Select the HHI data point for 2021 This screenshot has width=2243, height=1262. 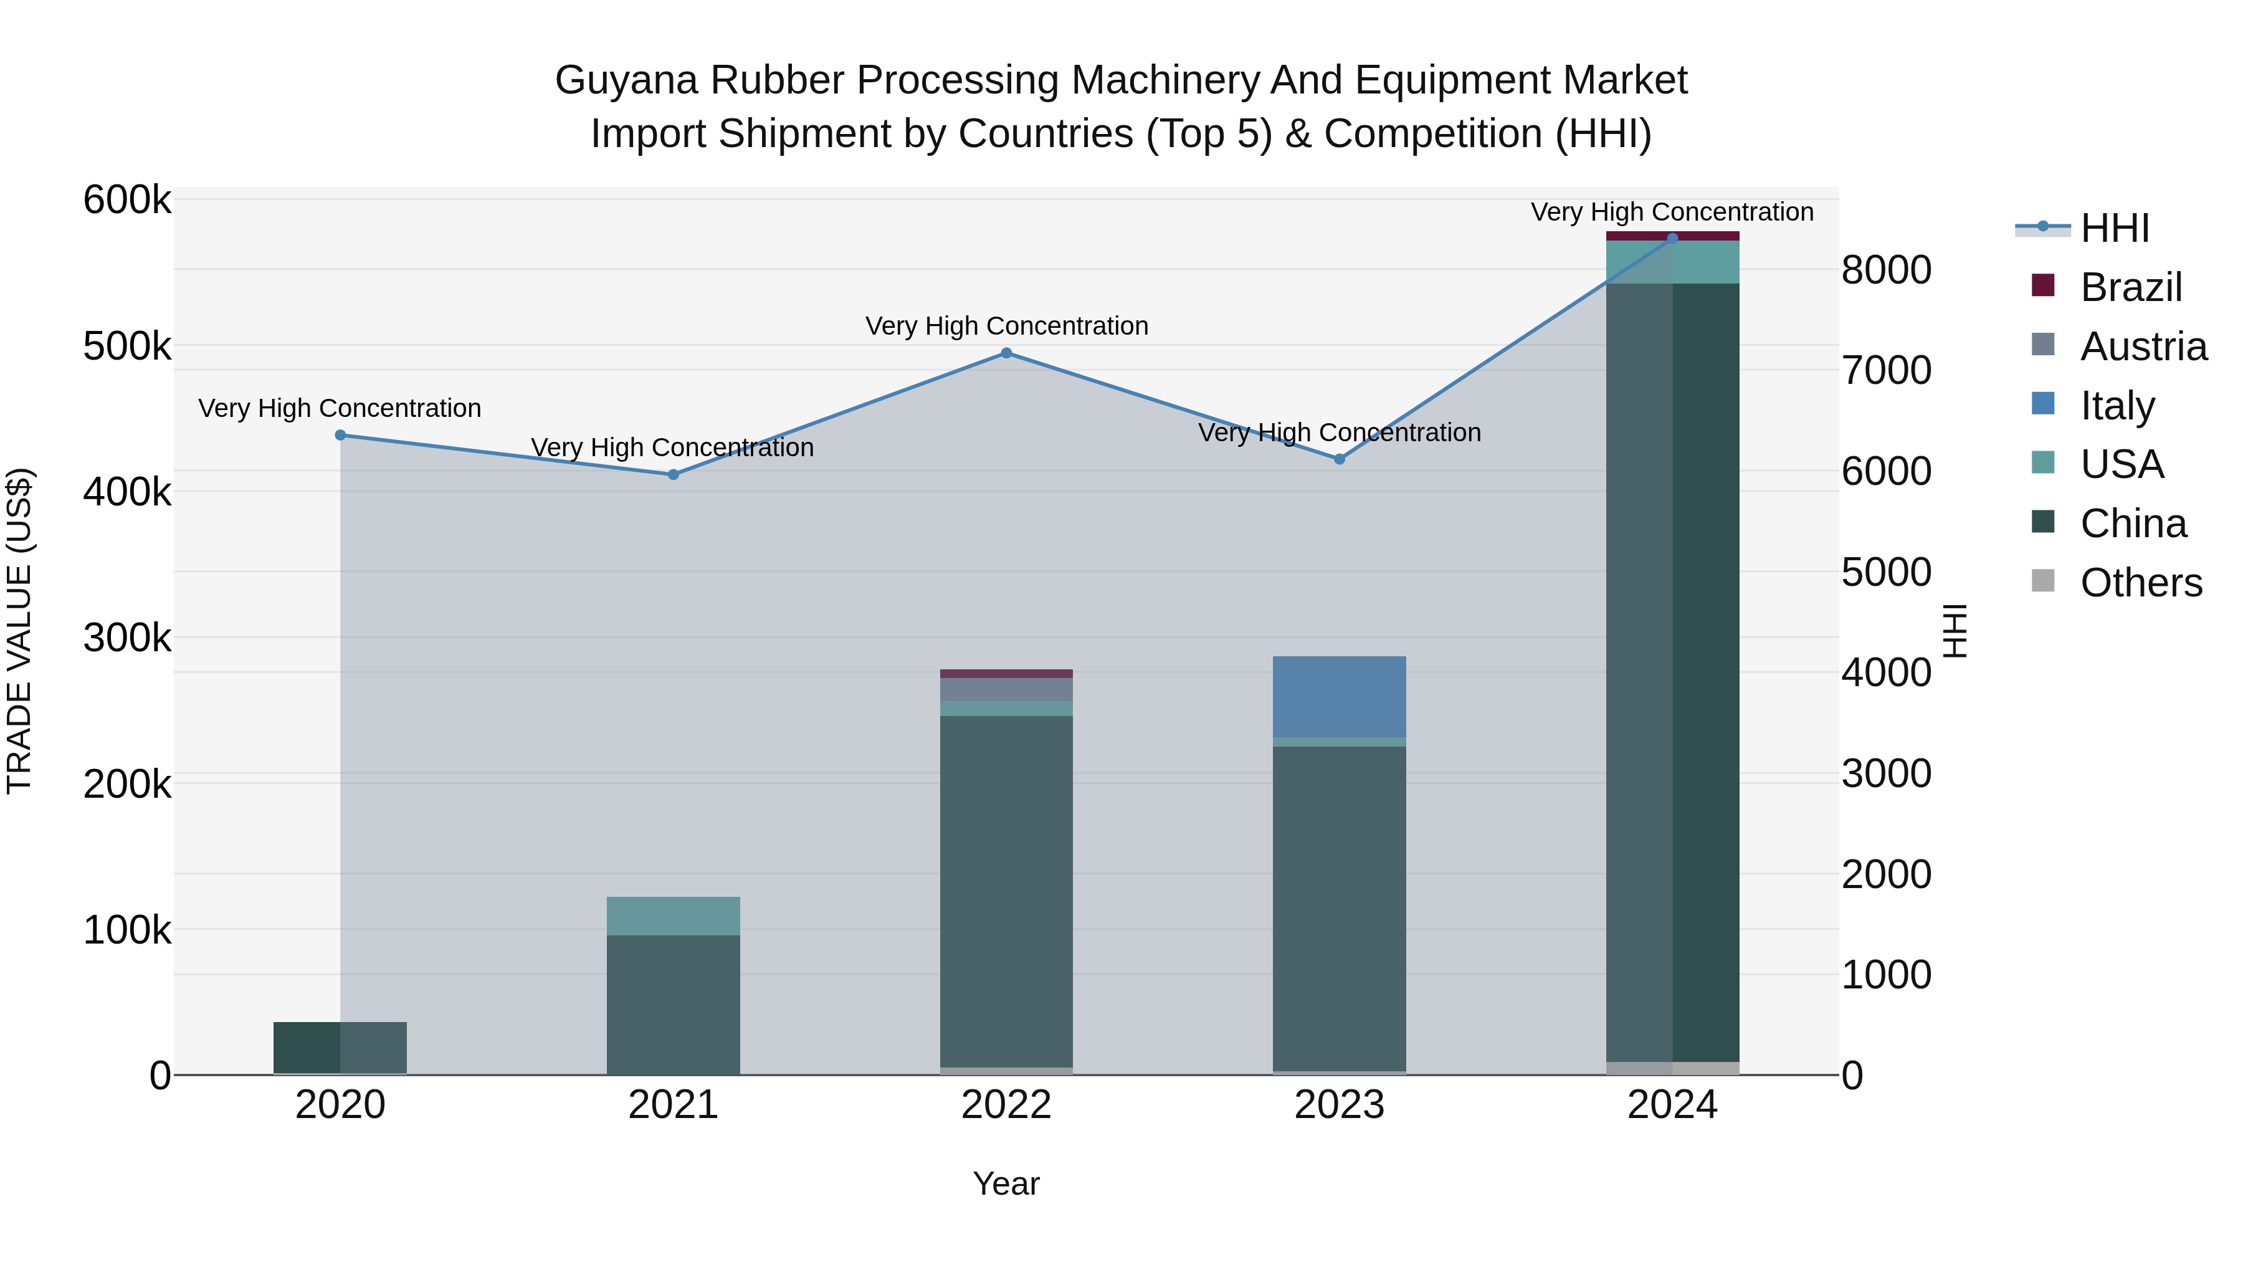(673, 475)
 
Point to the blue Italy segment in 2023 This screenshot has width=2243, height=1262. (1339, 697)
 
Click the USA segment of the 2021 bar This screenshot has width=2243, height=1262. (673, 915)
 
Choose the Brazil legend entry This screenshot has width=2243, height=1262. (2130, 287)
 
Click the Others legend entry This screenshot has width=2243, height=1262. (2140, 583)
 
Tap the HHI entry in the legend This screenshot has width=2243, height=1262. (2114, 228)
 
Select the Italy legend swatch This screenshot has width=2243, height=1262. (2043, 404)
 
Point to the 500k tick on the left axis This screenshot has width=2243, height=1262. (127, 347)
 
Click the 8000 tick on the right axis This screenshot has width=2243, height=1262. (1886, 270)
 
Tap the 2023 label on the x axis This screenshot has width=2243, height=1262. (1339, 1105)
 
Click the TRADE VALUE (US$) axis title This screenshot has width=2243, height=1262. (19, 631)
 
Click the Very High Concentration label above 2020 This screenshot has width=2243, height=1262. (340, 408)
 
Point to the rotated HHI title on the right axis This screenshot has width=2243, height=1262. (1954, 631)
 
